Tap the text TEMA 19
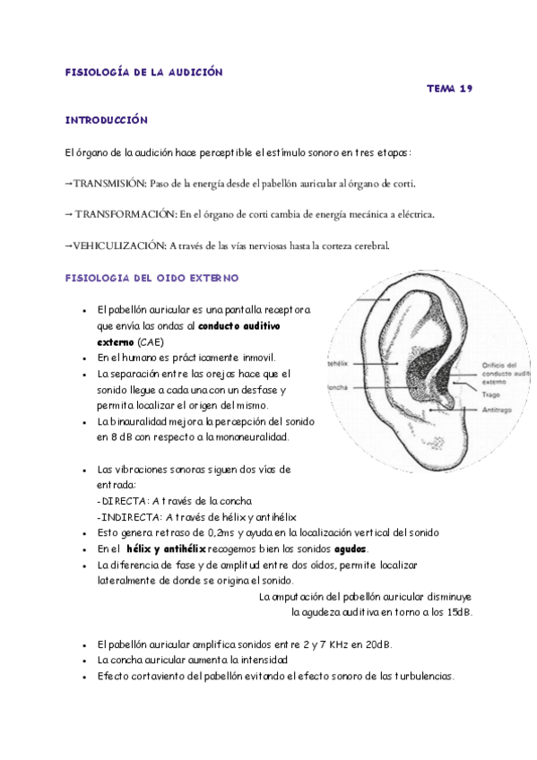point(449,89)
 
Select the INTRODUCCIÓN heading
point(106,119)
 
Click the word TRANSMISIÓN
point(108,183)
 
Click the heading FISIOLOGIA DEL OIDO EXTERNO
point(152,279)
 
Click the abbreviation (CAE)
point(151,341)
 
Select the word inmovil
point(253,357)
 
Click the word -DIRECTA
point(121,500)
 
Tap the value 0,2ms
point(221,532)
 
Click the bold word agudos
point(351,548)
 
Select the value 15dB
point(457,613)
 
